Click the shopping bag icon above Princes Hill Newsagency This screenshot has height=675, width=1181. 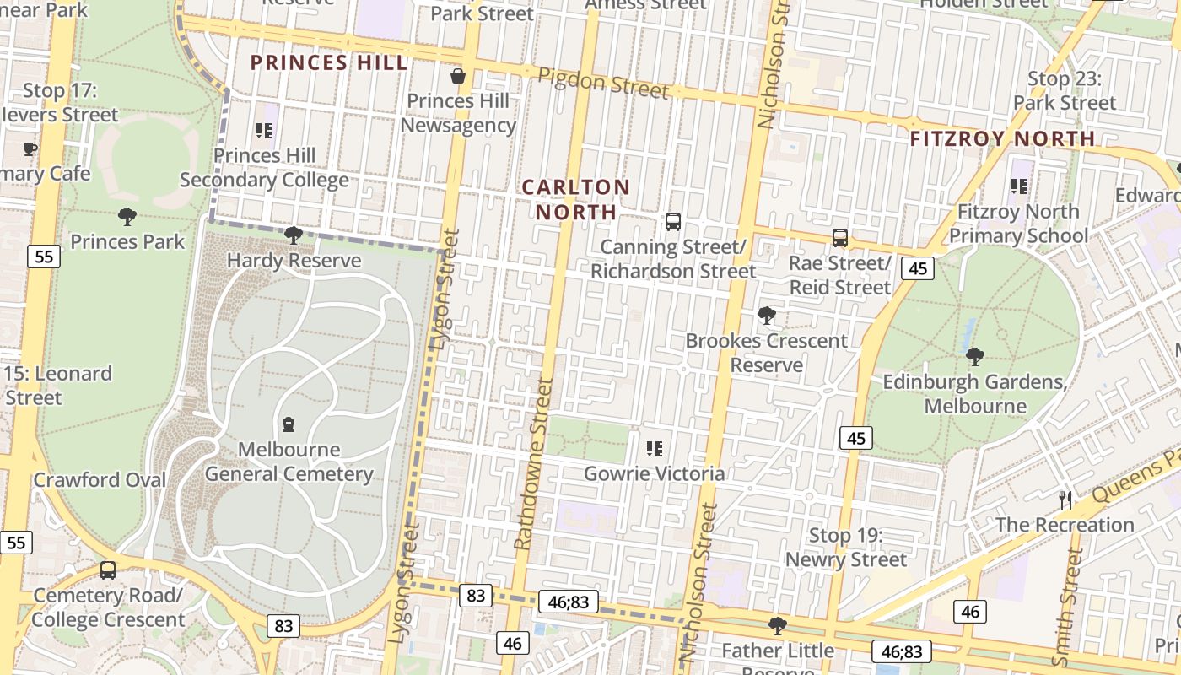458,77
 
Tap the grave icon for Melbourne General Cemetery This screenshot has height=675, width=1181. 289,424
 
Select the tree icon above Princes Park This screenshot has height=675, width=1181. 127,217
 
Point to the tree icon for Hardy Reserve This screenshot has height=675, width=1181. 294,235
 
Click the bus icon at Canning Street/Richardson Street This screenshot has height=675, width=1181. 673,222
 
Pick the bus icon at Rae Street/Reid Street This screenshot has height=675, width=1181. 840,238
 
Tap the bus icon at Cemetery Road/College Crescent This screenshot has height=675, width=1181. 108,570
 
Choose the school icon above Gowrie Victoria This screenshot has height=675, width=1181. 655,449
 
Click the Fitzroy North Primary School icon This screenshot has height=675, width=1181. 1019,186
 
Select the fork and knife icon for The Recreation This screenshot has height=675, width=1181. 1065,500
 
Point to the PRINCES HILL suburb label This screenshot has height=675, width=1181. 329,62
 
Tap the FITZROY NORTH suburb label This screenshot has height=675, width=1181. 1003,138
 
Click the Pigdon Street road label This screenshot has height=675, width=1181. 603,83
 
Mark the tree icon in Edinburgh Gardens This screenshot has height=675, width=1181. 975,357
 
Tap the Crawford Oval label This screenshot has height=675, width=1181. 100,480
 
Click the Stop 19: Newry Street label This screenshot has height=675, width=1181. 846,548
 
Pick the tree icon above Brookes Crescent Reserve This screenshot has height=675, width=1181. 767,316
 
